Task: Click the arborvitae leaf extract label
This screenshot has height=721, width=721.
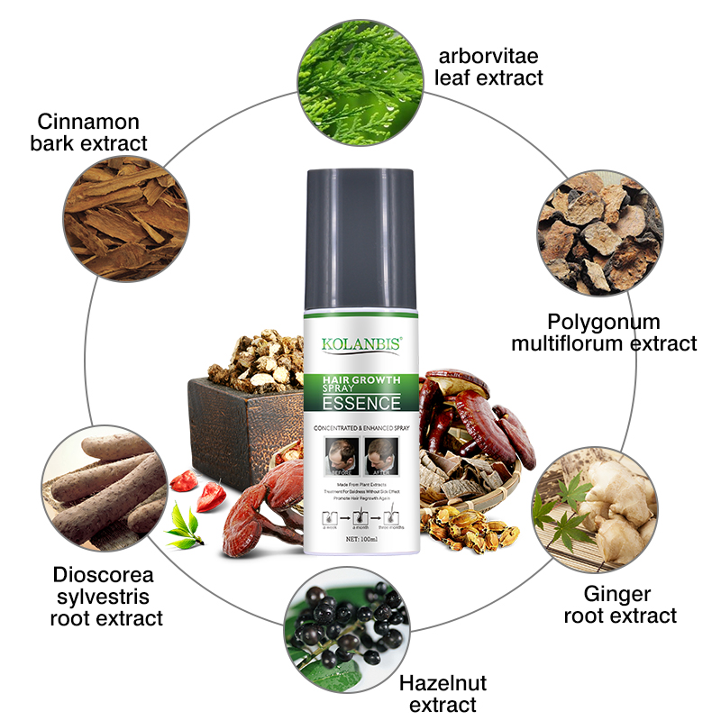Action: tap(488, 66)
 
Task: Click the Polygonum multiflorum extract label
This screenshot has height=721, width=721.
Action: tap(604, 333)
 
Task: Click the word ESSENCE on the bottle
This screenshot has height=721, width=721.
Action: tap(360, 402)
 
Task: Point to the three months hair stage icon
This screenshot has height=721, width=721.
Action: tap(391, 517)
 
